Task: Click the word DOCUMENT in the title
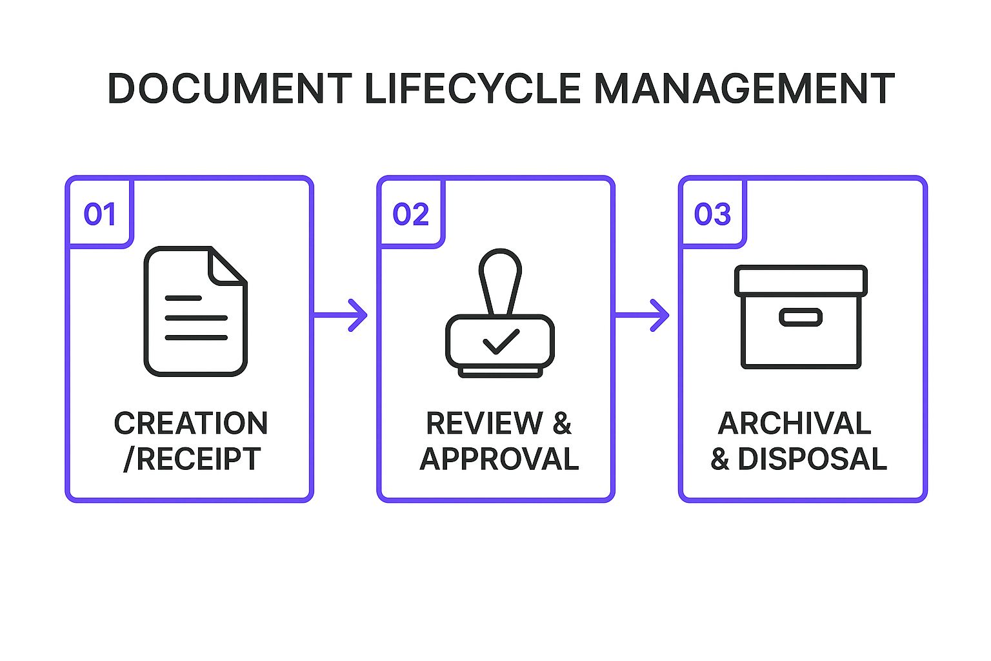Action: [229, 88]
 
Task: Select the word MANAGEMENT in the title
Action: [743, 88]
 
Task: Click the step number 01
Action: [100, 214]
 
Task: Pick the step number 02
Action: [411, 214]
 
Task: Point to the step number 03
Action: [712, 214]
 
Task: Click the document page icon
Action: [195, 311]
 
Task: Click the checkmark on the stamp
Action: [501, 341]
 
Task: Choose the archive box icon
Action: [801, 316]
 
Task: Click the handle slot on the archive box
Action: [801, 317]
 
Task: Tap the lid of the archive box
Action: [801, 281]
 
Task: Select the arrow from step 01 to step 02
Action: [341, 315]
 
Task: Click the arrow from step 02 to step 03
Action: [642, 315]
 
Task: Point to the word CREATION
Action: [191, 424]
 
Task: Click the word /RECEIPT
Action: [192, 459]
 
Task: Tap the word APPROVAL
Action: [499, 459]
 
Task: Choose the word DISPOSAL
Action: [812, 459]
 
